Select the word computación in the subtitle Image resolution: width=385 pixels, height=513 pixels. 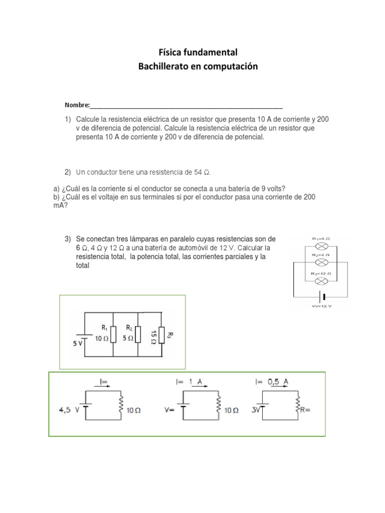coord(231,66)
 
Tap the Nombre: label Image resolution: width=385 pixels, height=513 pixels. coord(77,105)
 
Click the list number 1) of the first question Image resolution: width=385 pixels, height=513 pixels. coord(68,120)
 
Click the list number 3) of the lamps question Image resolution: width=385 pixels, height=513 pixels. coord(68,238)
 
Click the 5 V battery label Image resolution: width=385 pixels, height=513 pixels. coord(78,344)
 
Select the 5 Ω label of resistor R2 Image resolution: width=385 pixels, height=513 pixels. coord(129,338)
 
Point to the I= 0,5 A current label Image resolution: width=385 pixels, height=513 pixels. coord(271,382)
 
